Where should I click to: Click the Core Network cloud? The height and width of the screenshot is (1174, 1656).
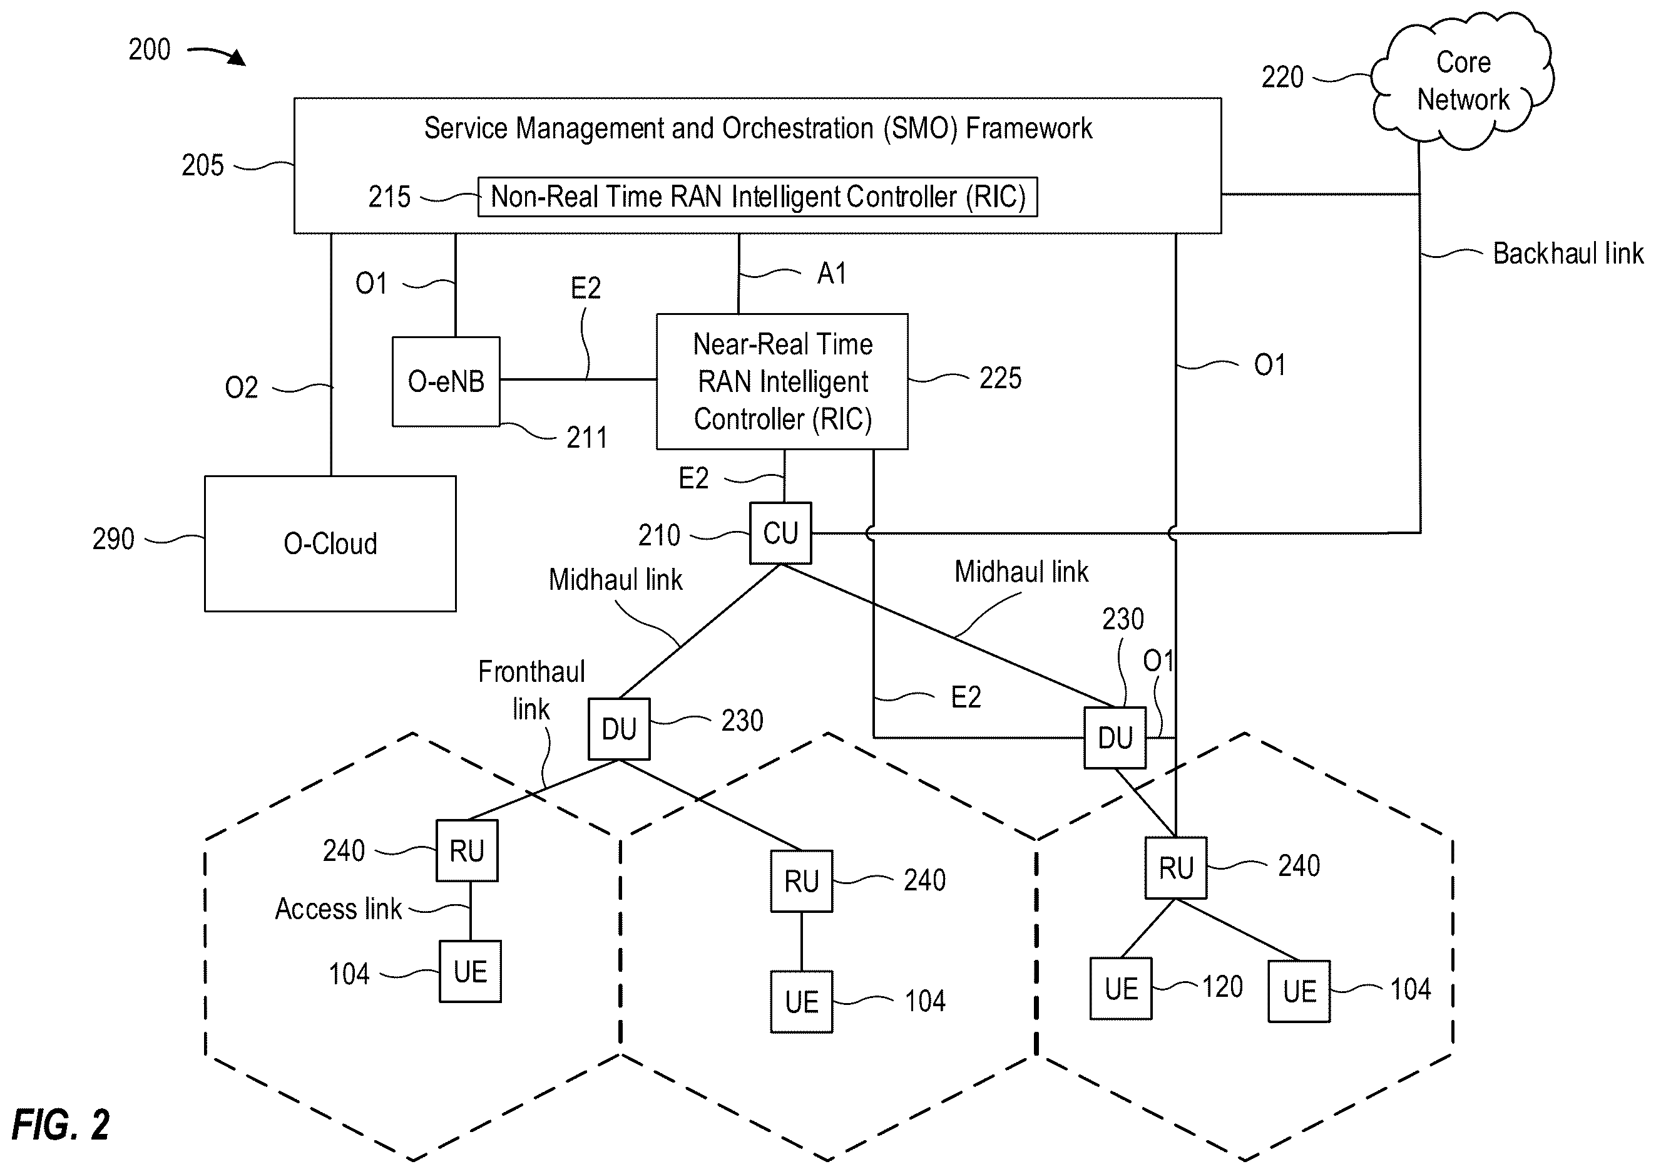(1463, 81)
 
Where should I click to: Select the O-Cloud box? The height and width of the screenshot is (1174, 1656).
(330, 543)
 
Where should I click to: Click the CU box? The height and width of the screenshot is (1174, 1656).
(780, 533)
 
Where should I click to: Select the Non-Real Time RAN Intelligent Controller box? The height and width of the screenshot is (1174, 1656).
(758, 197)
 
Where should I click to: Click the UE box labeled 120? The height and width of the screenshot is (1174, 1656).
(1121, 989)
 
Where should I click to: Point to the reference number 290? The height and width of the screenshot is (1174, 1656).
(113, 539)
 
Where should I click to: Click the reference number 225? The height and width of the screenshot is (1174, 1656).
(1001, 378)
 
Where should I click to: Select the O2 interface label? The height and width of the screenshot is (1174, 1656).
(242, 388)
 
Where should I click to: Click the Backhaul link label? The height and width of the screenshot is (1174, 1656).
(1568, 254)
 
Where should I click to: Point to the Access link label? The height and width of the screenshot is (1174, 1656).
(338, 909)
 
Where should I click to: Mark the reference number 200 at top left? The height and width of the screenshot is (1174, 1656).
(150, 50)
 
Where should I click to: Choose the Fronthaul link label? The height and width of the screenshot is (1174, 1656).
(532, 691)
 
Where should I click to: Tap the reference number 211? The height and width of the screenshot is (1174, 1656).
(586, 438)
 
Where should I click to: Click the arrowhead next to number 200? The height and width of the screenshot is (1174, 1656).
(238, 58)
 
